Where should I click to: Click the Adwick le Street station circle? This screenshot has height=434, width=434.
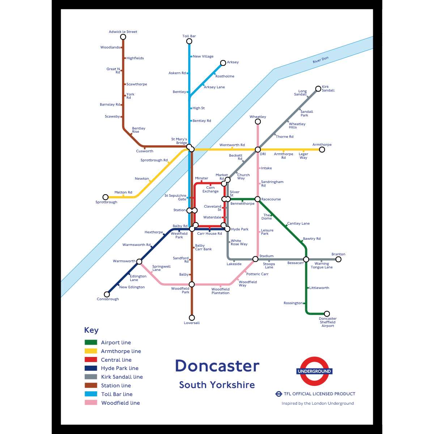pos(123,37)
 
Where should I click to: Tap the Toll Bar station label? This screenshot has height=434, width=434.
pos(189,36)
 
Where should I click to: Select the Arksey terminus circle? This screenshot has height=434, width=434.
pos(223,63)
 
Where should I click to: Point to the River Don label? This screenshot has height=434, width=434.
pos(320,60)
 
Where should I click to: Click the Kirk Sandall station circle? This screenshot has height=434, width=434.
pos(318,89)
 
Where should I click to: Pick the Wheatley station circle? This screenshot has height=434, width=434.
pos(258,122)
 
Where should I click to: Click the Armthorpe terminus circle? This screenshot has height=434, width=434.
pos(322,149)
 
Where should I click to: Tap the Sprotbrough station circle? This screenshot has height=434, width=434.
pos(106,197)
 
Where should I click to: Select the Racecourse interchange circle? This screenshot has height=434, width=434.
pos(258,199)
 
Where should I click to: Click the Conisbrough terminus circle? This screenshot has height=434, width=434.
pos(107,294)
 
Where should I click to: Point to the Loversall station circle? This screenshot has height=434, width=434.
pos(192,318)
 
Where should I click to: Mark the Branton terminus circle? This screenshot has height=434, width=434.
pos(339,259)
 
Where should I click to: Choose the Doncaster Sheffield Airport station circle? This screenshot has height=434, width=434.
pos(327,314)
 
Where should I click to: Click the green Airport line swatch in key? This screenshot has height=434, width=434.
pos(91,342)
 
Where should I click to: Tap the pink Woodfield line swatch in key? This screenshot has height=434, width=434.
pos(91,403)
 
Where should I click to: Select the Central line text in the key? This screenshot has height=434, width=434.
pos(116,360)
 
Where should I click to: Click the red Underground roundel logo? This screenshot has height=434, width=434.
pos(314,371)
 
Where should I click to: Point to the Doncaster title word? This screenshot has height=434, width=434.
pos(217,366)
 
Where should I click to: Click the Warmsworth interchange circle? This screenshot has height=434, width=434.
pos(139,261)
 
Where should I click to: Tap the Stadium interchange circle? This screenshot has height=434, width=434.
pos(255,259)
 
